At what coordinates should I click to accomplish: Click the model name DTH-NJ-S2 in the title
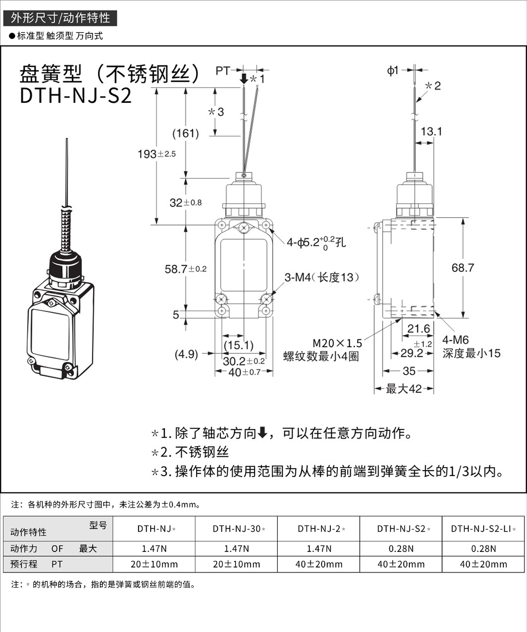[75, 96]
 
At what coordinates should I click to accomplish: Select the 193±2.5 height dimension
[157, 154]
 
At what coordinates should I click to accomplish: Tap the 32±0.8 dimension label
[185, 203]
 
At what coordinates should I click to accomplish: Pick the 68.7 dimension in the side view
[463, 268]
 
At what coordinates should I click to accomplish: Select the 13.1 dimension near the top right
[431, 132]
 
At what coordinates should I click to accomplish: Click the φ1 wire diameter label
[393, 70]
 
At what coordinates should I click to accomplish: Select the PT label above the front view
[223, 70]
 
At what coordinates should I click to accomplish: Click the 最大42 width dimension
[404, 389]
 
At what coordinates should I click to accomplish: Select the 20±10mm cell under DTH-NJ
[154, 564]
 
